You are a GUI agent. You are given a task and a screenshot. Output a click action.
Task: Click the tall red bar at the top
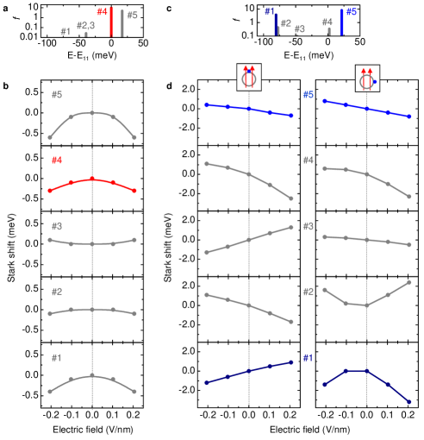pyautogui.click(x=111, y=22)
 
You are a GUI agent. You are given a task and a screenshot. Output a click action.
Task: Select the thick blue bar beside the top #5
pyautogui.click(x=342, y=22)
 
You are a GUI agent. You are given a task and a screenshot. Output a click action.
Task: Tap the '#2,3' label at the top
pyautogui.click(x=85, y=25)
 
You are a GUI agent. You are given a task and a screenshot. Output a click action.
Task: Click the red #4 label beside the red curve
pyautogui.click(x=57, y=160)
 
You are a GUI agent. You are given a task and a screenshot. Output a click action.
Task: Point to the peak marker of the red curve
pyautogui.click(x=93, y=179)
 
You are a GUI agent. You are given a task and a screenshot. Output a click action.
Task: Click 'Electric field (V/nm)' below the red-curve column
pyautogui.click(x=92, y=429)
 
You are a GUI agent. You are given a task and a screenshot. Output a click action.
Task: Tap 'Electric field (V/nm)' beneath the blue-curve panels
pyautogui.click(x=309, y=429)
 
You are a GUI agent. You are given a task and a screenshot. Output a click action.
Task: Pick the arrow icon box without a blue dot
pyautogui.click(x=249, y=77)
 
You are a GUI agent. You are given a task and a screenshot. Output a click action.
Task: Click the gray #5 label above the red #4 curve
pyautogui.click(x=57, y=95)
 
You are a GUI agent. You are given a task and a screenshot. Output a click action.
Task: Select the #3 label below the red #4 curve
pyautogui.click(x=57, y=226)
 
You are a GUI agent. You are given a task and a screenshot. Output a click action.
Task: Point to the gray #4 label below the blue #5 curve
pyautogui.click(x=309, y=160)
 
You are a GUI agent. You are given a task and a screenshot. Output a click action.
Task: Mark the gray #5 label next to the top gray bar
pyautogui.click(x=132, y=16)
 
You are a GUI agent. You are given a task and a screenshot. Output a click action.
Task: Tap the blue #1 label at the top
pyautogui.click(x=270, y=12)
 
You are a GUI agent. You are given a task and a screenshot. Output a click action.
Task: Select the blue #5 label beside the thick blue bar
pyautogui.click(x=352, y=13)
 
